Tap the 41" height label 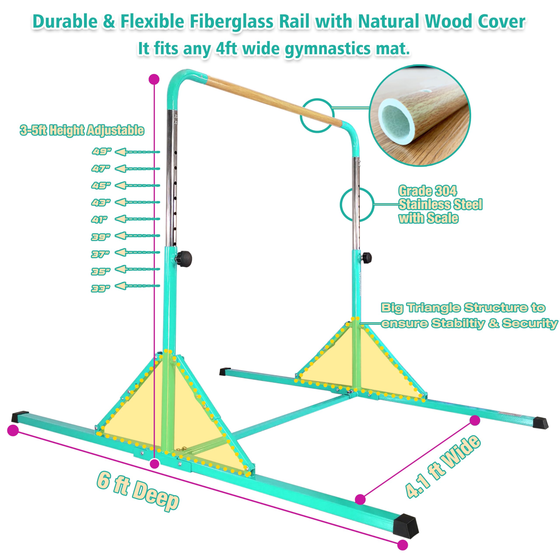pyautogui.click(x=99, y=220)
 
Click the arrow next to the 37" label pyautogui.click(x=137, y=252)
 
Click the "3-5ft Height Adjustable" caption pyautogui.click(x=82, y=130)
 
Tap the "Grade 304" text pyautogui.click(x=427, y=191)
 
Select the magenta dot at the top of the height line pyautogui.click(x=154, y=79)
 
